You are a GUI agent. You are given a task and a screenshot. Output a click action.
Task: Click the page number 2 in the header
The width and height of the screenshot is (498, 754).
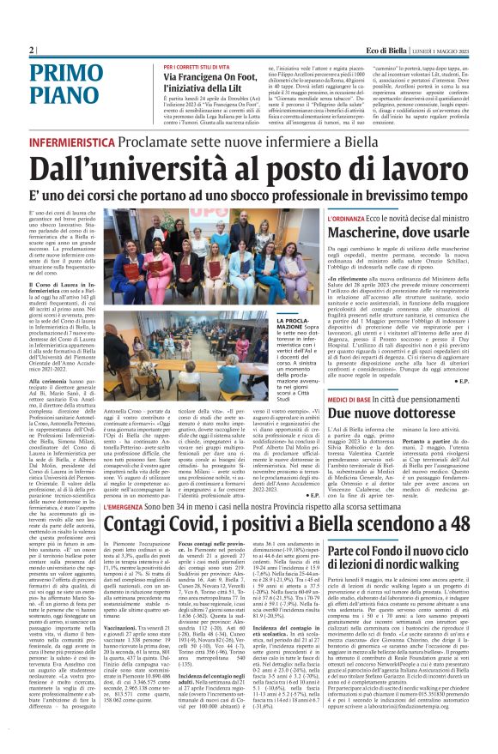click(x=31, y=51)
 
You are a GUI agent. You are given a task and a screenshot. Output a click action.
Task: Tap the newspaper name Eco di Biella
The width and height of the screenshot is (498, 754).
click(x=388, y=51)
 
